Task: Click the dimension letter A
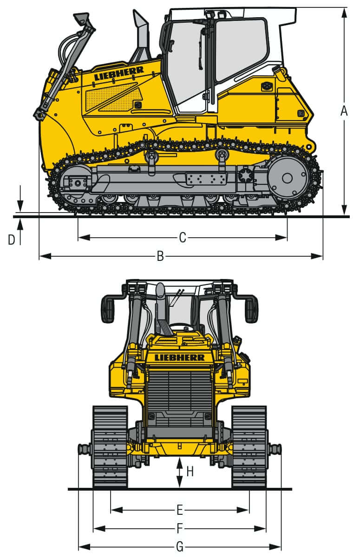[344, 111]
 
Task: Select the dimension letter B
[160, 256]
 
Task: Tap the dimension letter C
[183, 238]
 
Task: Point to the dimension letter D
[12, 240]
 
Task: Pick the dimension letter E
[180, 510]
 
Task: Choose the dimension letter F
[180, 529]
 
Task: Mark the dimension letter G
[180, 547]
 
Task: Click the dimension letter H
[190, 472]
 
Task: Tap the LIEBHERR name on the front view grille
[180, 357]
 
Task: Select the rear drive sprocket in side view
[287, 178]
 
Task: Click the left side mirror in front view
[108, 309]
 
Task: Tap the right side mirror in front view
[251, 309]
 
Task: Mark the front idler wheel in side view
[74, 183]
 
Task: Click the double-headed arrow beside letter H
[180, 473]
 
